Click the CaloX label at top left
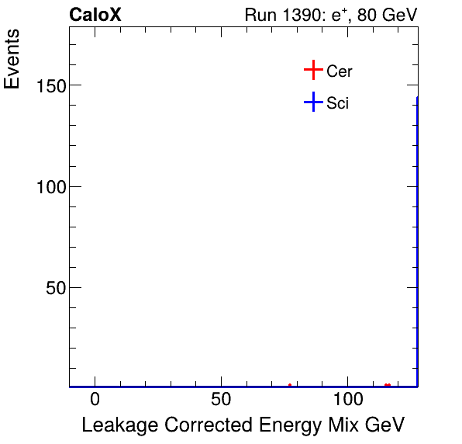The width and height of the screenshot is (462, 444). click(x=95, y=15)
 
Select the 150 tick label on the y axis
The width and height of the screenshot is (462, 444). click(x=51, y=85)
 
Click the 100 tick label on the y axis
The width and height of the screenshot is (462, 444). click(x=51, y=186)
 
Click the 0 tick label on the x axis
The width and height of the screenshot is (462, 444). click(x=95, y=400)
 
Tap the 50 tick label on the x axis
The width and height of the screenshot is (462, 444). click(x=221, y=400)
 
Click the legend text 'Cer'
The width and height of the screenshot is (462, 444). click(x=340, y=71)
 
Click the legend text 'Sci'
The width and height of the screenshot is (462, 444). click(x=338, y=102)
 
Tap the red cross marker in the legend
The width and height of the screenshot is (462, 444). click(x=312, y=71)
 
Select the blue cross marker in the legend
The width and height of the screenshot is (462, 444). click(x=312, y=102)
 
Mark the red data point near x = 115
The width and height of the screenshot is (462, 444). click(x=387, y=384)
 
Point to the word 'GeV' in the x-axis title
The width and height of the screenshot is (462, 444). click(x=386, y=425)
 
